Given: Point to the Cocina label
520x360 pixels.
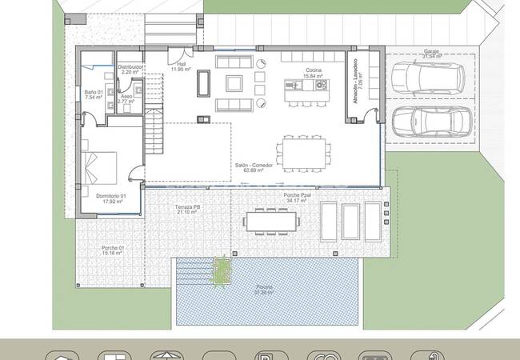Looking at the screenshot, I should (x=313, y=70).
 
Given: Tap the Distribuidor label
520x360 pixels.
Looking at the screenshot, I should (x=130, y=66).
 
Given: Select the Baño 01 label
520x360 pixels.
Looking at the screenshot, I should (x=94, y=92).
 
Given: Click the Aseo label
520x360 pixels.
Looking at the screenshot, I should (x=126, y=97).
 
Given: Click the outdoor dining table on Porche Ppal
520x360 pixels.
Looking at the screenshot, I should (x=268, y=219).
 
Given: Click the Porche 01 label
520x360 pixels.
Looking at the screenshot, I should (x=113, y=247).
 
